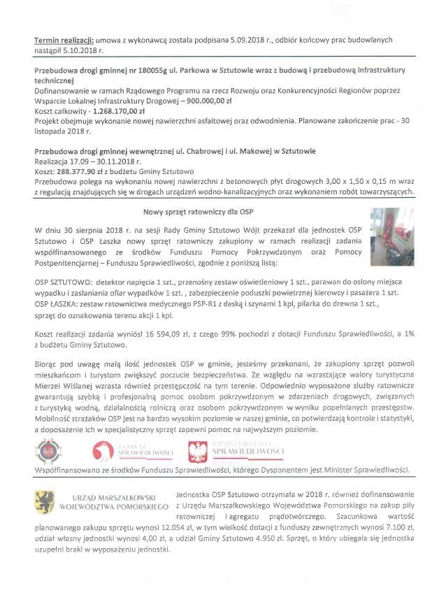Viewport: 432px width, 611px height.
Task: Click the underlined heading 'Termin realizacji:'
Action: click(x=63, y=42)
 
